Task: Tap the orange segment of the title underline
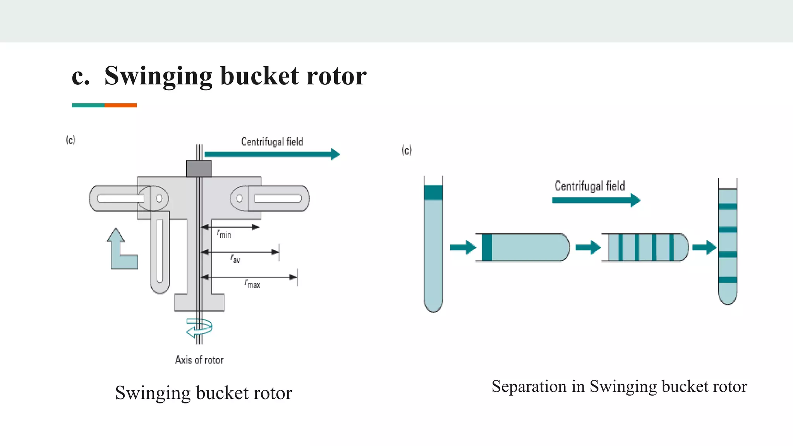[120, 105]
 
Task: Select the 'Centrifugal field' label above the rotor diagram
[272, 142]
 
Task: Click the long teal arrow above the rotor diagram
[271, 154]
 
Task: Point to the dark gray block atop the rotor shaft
[199, 169]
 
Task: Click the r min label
[224, 234]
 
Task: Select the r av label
[235, 259]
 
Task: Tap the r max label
[252, 284]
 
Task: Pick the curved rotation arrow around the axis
[199, 328]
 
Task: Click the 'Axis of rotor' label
[199, 360]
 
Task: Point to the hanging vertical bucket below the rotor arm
[160, 252]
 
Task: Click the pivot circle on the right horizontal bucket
[239, 199]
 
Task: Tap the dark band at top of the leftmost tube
[433, 192]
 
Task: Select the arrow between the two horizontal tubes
[587, 247]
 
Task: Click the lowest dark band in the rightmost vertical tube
[727, 280]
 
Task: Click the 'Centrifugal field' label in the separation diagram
[589, 186]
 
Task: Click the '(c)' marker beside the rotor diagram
[70, 140]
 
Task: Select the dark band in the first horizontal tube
[487, 247]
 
